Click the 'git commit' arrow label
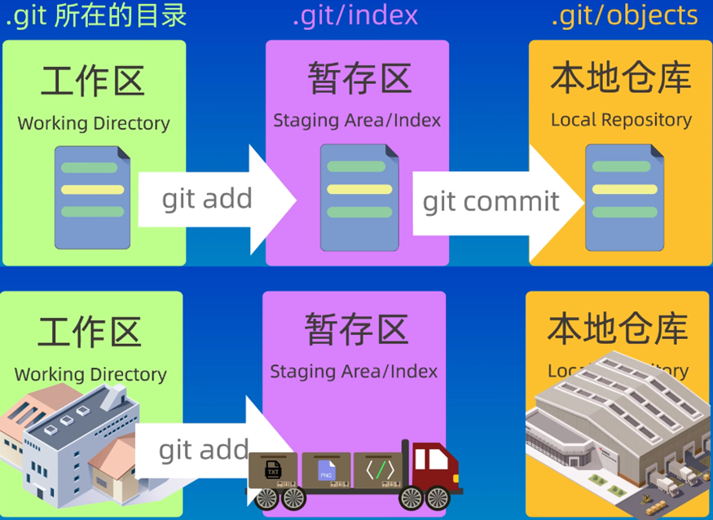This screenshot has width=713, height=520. click(491, 201)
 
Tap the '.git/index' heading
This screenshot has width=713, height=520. click(355, 15)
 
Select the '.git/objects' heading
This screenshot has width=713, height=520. click(624, 15)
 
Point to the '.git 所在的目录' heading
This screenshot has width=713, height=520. click(96, 15)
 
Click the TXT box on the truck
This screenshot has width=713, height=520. click(274, 470)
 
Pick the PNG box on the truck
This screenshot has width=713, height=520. click(326, 470)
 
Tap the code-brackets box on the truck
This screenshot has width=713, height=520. click(380, 470)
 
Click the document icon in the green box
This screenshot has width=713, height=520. click(93, 197)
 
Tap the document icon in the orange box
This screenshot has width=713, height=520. click(623, 197)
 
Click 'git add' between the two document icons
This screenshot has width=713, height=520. click(207, 199)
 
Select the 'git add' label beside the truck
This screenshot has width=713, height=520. click(203, 450)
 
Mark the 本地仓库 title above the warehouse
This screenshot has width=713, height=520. click(618, 328)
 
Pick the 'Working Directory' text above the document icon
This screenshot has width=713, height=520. click(94, 124)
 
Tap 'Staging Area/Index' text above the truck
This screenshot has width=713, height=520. click(354, 372)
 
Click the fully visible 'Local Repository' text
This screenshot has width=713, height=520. click(621, 120)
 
